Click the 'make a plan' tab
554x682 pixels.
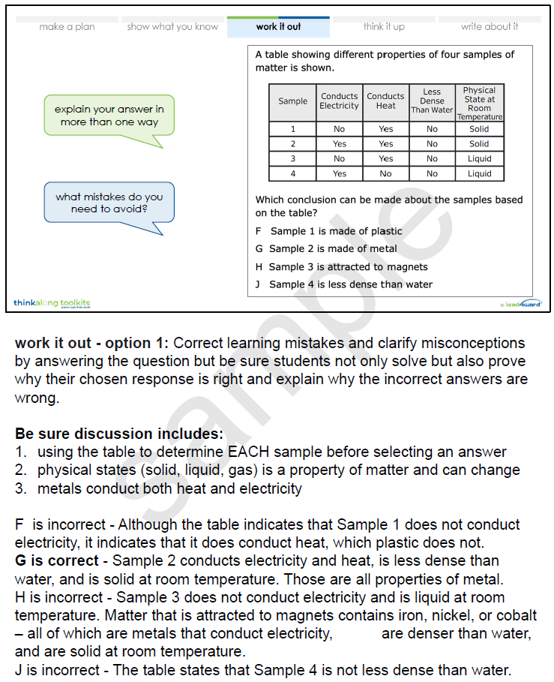coord(67,27)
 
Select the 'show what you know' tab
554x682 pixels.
coord(172,27)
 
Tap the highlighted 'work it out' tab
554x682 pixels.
coord(278,27)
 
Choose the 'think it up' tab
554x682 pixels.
coord(383,27)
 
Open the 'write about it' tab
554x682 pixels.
coord(489,27)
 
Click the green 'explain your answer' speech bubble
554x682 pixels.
coord(109,115)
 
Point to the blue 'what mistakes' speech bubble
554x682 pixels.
coord(109,203)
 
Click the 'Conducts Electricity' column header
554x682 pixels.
coord(339,101)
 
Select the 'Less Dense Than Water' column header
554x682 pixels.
coord(432,101)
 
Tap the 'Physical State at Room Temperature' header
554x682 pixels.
coord(479,103)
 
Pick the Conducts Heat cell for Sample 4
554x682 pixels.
coord(385,173)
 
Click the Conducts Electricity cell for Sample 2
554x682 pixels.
coord(339,143)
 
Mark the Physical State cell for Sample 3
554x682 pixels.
coord(479,158)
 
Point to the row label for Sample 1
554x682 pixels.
coord(292,129)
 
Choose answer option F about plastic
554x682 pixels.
coord(328,231)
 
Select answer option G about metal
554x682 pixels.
coord(326,248)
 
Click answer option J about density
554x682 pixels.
coord(343,284)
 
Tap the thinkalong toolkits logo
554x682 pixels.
coord(51,303)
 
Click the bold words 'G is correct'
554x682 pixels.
coord(57,561)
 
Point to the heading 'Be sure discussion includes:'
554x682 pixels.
coord(119,434)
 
